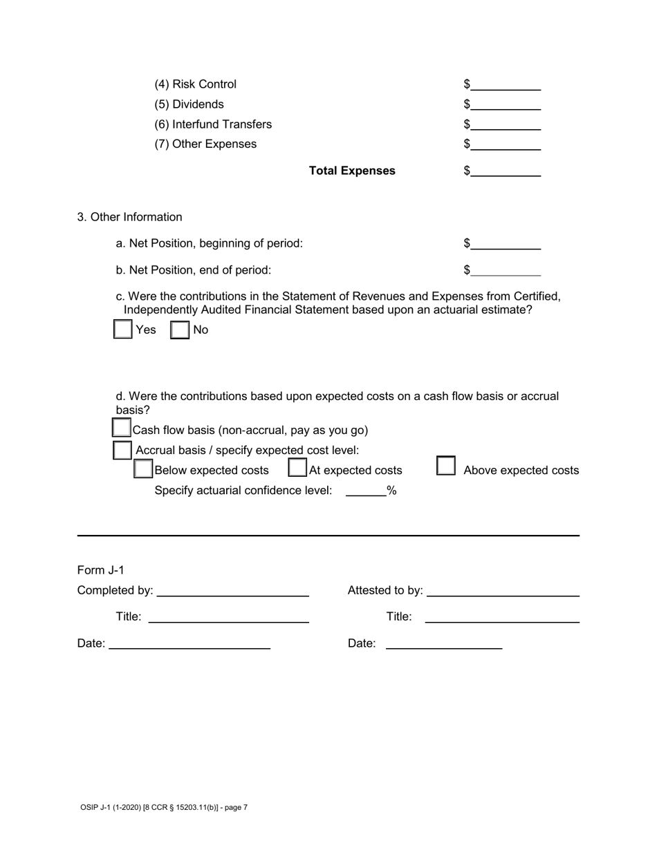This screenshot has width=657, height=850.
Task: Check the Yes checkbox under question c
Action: point(122,329)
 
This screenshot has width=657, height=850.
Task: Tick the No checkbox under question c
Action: point(180,330)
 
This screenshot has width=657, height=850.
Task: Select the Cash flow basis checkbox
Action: point(122,428)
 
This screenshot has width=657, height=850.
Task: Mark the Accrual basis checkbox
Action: point(122,450)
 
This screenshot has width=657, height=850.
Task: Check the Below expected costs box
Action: point(143,469)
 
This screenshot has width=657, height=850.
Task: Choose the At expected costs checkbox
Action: point(297,468)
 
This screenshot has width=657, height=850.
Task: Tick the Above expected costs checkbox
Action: point(446,466)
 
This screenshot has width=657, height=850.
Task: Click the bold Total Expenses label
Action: point(352,171)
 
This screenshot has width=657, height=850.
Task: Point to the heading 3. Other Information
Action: point(130,217)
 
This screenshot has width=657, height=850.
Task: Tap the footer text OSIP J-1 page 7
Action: point(164,806)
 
